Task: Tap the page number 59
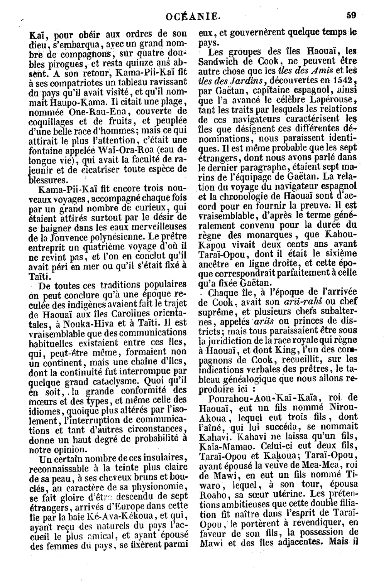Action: [351, 15]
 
